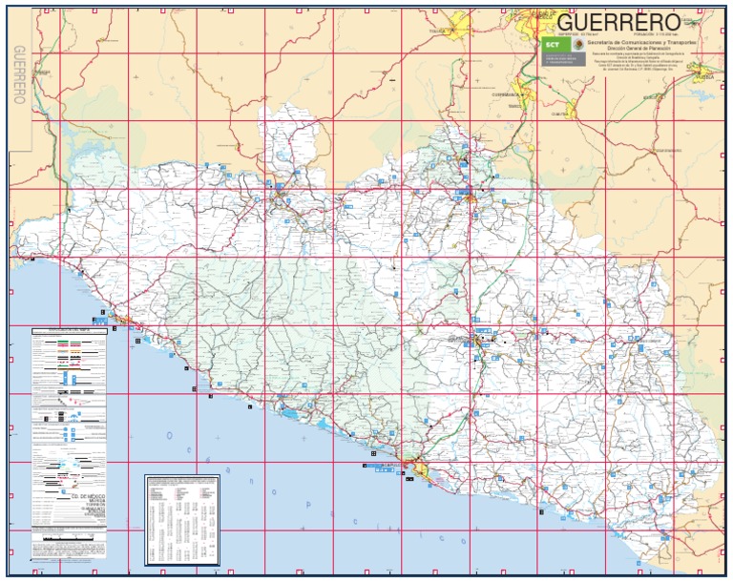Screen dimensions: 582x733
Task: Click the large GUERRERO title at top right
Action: tap(618, 22)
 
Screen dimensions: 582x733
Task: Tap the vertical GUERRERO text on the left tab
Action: tap(19, 75)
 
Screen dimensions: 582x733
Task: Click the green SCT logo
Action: tap(552, 45)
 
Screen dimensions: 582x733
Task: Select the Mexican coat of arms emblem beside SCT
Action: tap(577, 45)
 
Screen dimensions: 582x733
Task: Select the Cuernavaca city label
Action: tap(505, 94)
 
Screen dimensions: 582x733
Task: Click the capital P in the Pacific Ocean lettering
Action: tap(277, 492)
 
